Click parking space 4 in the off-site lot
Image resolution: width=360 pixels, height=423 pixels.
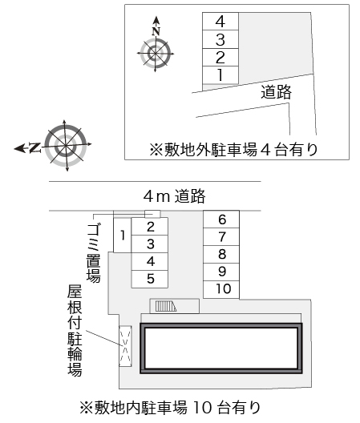pos(220,22)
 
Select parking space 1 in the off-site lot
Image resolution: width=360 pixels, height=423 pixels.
pos(220,75)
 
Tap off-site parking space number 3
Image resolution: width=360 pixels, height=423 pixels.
pos(220,39)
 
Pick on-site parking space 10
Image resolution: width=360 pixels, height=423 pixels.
pos(221,289)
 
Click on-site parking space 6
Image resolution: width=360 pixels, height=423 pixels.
pos(221,220)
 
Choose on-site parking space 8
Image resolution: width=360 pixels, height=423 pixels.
pos(221,255)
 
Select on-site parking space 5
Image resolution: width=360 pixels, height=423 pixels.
pos(150,280)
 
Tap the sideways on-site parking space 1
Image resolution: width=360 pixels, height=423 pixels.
pos(123,235)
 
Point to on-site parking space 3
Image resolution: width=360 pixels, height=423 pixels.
pos(150,244)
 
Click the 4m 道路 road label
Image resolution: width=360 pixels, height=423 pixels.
pos(175,196)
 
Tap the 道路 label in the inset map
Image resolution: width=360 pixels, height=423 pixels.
pos(276,92)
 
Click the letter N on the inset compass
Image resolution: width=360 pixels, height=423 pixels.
pos(156,31)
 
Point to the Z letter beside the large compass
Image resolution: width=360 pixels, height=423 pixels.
pos(34,147)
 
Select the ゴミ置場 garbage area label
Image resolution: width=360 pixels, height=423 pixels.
pos(94,253)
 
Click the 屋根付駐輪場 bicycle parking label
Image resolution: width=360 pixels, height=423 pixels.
pos(75,330)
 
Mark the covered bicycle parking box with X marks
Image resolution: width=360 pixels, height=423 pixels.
pos(125,346)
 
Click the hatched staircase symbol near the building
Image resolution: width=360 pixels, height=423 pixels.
pos(165,306)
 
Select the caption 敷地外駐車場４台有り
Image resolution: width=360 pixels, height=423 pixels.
pos(233,150)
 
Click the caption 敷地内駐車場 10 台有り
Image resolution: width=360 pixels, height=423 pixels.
pos(170,408)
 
